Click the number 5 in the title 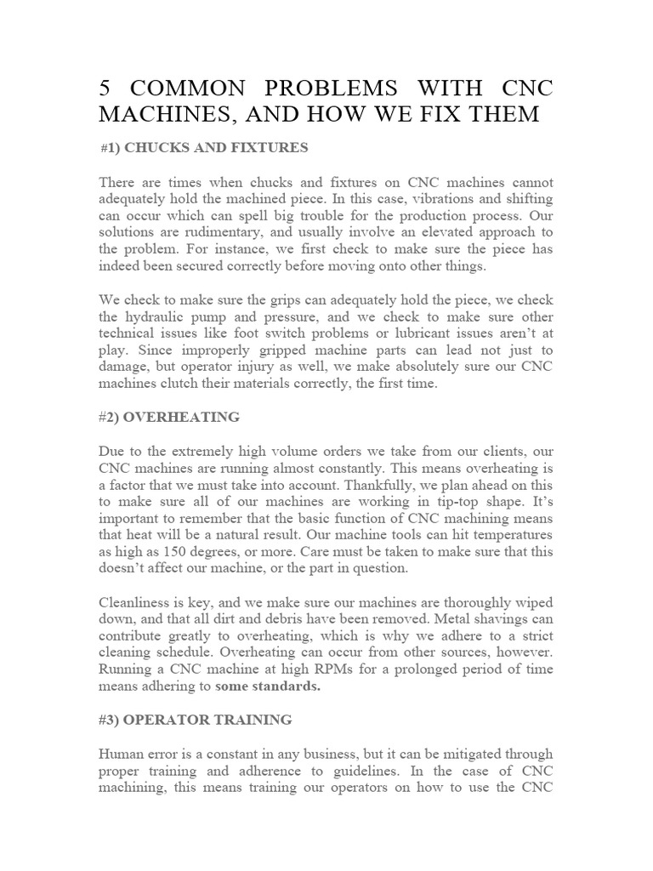coord(105,88)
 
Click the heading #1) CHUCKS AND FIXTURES coord(204,148)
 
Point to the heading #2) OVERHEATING coord(169,417)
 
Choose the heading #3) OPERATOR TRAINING coord(195,720)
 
